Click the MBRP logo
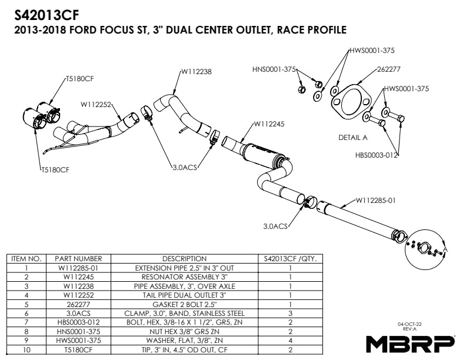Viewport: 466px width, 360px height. point(411,342)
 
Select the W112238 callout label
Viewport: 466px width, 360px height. point(196,71)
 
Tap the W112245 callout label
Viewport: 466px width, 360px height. point(269,124)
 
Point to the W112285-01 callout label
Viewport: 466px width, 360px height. point(374,200)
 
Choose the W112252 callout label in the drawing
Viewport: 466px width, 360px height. point(96,105)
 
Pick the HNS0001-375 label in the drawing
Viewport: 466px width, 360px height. point(274,69)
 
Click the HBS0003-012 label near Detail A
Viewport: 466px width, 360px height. point(377,156)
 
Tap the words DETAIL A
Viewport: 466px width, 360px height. point(353,138)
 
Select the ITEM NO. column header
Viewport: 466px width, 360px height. point(26,258)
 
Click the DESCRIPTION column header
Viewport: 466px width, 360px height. point(184,258)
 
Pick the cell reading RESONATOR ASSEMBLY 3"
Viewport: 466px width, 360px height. point(184,276)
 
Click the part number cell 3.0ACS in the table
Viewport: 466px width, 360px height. point(78,313)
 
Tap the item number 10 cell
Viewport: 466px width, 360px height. point(26,349)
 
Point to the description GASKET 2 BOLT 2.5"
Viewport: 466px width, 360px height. point(184,304)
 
